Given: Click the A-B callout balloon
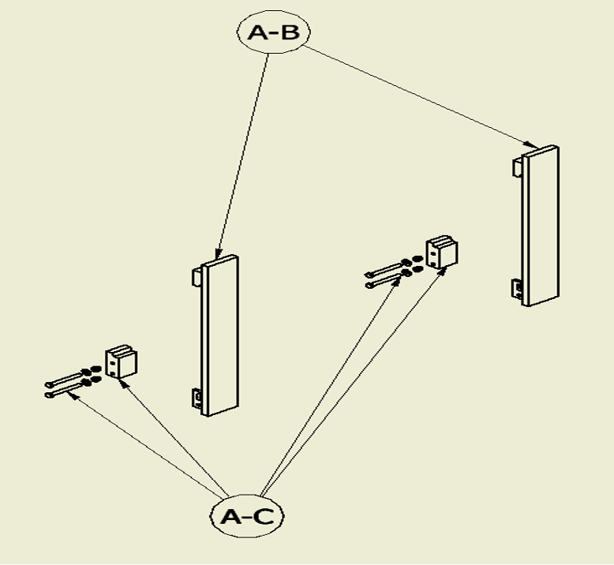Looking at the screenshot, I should coord(273,32).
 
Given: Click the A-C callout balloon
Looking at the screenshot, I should coord(247,516).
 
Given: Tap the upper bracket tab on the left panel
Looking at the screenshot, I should coord(196,277).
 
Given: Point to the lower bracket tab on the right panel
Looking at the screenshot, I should coord(517,288).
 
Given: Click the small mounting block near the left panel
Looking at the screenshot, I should coord(121,362).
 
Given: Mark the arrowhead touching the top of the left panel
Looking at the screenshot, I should coord(217,253).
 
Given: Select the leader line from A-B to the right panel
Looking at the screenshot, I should coord(418,95).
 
